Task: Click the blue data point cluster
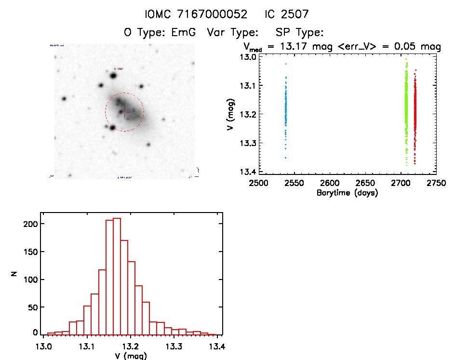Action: (286, 111)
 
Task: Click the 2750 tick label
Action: (436, 183)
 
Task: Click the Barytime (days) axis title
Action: (347, 193)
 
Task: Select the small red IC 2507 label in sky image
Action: (119, 69)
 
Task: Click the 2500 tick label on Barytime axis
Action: (259, 183)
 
